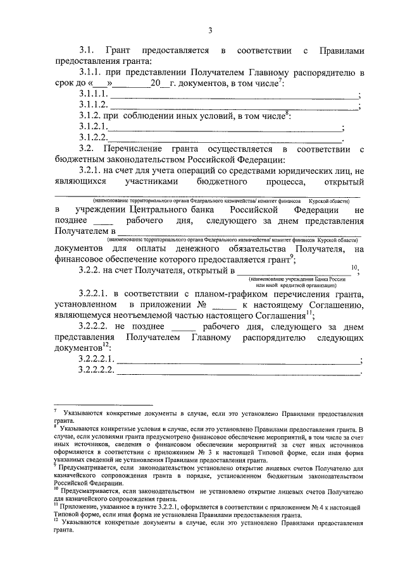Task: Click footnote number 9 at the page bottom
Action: (56, 466)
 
